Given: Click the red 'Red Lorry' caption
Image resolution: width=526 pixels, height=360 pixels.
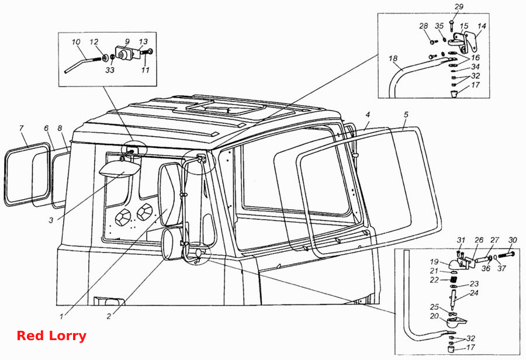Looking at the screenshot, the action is (x=51, y=335).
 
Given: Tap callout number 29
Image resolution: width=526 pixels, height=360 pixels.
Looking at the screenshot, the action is (x=459, y=6).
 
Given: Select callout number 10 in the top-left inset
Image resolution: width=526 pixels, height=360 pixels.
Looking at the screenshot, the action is (x=76, y=42).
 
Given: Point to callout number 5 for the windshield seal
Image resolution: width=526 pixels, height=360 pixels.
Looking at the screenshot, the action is (x=406, y=115).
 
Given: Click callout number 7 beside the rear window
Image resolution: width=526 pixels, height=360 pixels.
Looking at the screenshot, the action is (x=21, y=128).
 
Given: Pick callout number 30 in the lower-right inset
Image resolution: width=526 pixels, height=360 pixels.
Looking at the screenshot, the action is (x=513, y=240).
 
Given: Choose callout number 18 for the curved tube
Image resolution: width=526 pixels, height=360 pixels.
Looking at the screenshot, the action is (x=393, y=58).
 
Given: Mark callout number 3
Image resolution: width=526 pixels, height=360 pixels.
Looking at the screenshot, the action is (x=51, y=220).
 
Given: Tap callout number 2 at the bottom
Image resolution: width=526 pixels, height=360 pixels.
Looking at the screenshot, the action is (x=109, y=316).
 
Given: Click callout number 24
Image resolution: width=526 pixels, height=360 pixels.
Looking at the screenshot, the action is (x=474, y=293).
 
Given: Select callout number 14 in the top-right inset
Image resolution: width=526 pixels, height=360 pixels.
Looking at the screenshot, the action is (x=482, y=26).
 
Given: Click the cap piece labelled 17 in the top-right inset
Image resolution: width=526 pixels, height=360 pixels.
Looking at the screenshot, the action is (x=454, y=93).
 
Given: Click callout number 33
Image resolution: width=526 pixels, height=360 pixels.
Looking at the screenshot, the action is (x=110, y=70).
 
